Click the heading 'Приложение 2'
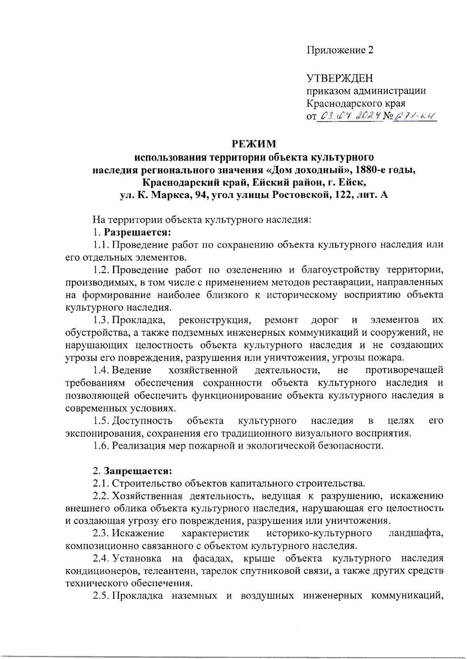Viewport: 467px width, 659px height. click(340, 50)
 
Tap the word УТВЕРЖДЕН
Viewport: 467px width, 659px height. click(340, 78)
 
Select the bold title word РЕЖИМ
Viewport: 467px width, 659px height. click(254, 144)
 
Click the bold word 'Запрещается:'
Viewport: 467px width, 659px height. click(137, 471)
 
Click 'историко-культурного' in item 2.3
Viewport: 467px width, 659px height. click(319, 533)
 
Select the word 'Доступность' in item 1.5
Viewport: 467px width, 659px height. click(142, 421)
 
